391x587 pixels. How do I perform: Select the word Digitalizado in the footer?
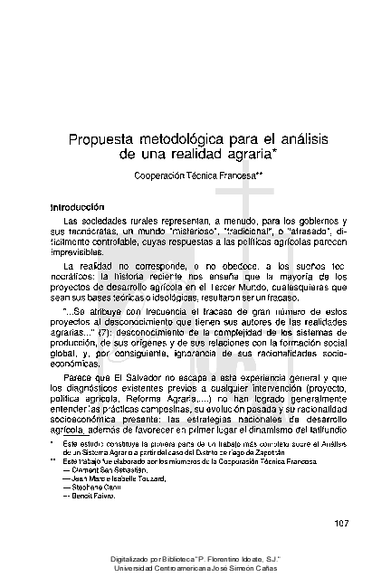pos(134,560)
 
